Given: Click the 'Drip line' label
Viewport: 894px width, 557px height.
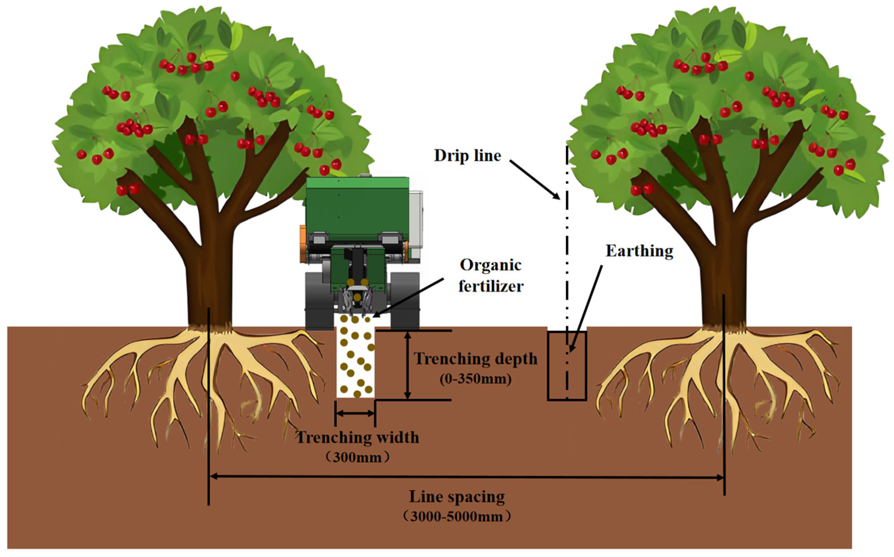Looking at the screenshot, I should (467, 155).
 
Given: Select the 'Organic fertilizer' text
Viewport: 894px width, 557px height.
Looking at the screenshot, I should (490, 275).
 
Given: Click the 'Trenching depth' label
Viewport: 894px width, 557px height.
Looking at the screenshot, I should (475, 358).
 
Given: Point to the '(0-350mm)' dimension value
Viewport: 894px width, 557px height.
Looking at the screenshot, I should (475, 379).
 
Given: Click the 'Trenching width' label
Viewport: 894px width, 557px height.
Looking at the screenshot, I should (358, 437).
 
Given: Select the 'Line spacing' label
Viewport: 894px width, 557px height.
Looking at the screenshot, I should (457, 497).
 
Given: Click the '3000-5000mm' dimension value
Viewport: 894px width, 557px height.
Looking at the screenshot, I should (457, 517).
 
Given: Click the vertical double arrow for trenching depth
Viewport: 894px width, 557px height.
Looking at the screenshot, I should (407, 365).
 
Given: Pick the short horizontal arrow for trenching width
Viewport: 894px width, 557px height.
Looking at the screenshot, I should (355, 413).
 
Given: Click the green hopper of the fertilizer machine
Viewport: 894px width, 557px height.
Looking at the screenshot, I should (357, 206).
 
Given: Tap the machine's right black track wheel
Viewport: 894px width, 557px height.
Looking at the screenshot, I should (405, 300).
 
